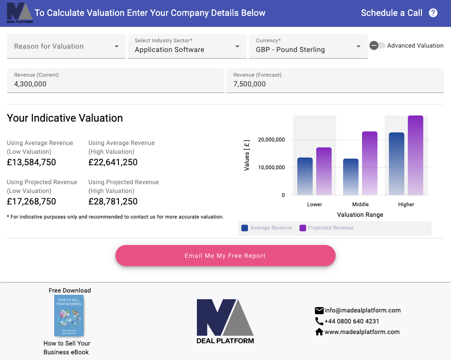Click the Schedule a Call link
tap(391, 13)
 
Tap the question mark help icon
tap(433, 13)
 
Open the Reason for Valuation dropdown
tap(66, 46)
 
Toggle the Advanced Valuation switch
tap(377, 45)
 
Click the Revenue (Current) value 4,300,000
tap(30, 84)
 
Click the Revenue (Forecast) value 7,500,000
tap(250, 84)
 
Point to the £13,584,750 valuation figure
tap(32, 162)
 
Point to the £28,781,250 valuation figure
tap(113, 201)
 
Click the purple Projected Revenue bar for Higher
tap(415, 155)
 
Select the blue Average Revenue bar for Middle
tap(351, 177)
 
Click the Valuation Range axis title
tap(360, 215)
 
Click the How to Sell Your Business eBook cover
tap(69, 315)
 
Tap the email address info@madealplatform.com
tap(362, 310)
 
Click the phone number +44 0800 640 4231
tap(351, 321)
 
